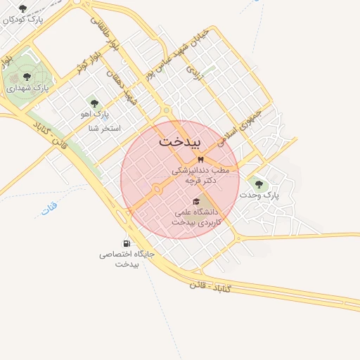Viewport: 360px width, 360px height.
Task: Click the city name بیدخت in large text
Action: (x=180, y=141)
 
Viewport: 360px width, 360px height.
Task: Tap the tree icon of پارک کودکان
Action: (x=22, y=8)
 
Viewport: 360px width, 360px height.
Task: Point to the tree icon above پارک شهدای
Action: (x=27, y=76)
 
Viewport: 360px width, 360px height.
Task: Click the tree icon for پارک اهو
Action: (x=94, y=103)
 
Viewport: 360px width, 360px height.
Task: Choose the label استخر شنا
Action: (x=105, y=129)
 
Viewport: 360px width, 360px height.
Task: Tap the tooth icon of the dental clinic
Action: (x=200, y=160)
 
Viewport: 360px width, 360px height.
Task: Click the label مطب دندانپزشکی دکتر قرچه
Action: (x=201, y=175)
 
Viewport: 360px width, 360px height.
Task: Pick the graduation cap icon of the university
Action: (x=195, y=201)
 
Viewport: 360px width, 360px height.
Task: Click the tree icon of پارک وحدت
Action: (x=259, y=184)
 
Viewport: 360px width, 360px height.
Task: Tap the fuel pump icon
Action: (x=127, y=243)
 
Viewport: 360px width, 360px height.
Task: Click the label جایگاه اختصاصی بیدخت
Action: (x=127, y=259)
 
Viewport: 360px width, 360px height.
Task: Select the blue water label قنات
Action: (x=49, y=209)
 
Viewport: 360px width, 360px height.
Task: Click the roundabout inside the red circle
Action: (x=157, y=188)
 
